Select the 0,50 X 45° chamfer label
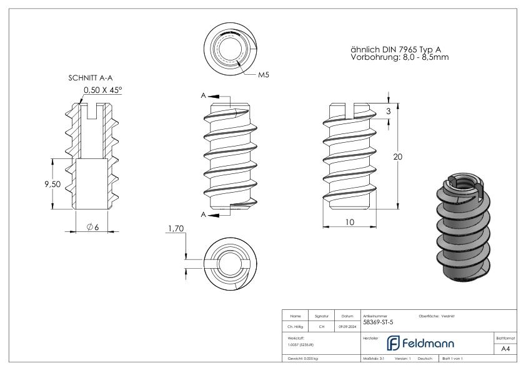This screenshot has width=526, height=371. tap(103, 90)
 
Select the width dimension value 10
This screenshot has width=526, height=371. tap(349, 221)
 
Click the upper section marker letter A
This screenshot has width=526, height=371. tap(204, 97)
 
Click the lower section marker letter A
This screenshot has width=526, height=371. tap(204, 214)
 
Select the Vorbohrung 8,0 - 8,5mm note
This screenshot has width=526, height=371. tap(400, 57)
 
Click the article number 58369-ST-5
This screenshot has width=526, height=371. tap(378, 322)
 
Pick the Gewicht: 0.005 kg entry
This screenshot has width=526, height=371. tap(302, 359)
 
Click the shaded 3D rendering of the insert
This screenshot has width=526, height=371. tap(460, 228)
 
